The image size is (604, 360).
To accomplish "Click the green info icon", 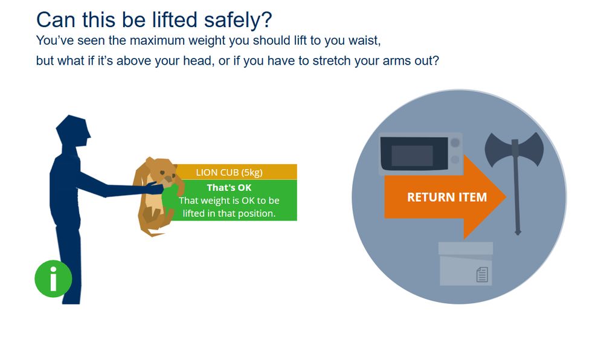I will (x=53, y=278).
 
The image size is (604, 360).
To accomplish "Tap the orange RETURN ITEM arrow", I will (x=446, y=197).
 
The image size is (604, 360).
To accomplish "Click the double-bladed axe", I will (x=515, y=148).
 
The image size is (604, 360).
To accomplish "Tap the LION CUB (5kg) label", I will (x=229, y=172).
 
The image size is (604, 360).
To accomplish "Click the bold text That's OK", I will (x=229, y=188).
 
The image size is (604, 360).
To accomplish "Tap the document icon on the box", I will (x=482, y=275).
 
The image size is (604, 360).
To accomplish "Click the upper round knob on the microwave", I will (x=455, y=143).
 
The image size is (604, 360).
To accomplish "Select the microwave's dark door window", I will (x=413, y=155).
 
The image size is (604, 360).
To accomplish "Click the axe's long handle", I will (x=516, y=193).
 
